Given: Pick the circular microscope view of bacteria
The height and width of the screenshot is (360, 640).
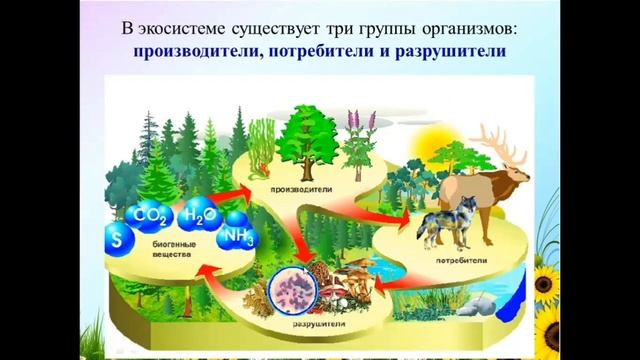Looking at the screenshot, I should [297, 289].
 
